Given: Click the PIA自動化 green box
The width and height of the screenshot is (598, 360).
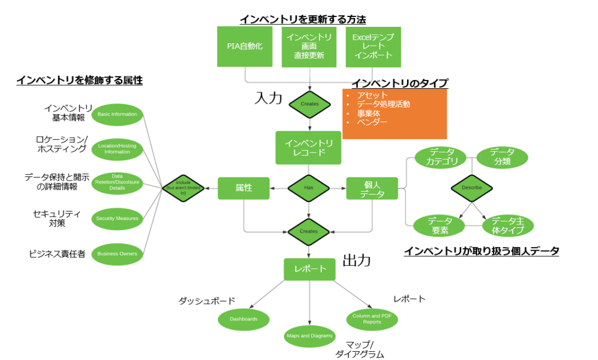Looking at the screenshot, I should click(x=245, y=46).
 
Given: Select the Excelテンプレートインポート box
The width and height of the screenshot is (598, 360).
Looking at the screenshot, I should click(x=373, y=46).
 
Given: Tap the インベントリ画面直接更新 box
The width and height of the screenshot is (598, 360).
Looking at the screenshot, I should click(x=309, y=46).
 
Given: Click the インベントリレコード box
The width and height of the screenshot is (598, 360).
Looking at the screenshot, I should click(x=308, y=147).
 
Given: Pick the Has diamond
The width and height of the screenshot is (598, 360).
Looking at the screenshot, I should click(x=308, y=188).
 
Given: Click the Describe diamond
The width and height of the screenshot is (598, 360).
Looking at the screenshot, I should click(x=471, y=188).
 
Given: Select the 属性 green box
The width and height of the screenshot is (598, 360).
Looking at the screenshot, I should click(x=244, y=188).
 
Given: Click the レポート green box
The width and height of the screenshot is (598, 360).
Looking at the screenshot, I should click(x=309, y=269).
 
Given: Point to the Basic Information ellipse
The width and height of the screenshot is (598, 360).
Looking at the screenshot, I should click(x=117, y=114).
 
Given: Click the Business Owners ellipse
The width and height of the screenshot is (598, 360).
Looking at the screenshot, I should click(x=117, y=254).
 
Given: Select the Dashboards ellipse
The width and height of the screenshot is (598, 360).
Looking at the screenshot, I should click(x=244, y=319).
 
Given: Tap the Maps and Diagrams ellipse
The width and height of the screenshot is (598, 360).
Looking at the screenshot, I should click(x=310, y=335).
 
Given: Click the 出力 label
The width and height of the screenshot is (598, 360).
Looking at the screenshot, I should click(x=356, y=261).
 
